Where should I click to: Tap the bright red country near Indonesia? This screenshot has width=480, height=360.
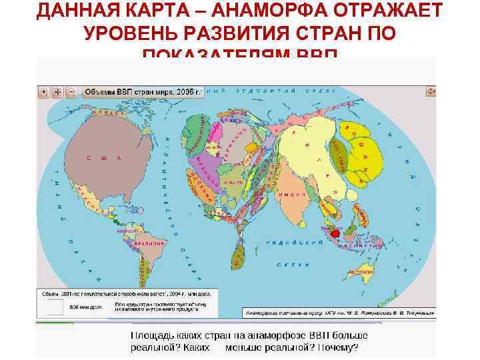pyautogui.click(x=335, y=234)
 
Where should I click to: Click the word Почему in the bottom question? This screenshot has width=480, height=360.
pyautogui.click(x=337, y=347)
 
